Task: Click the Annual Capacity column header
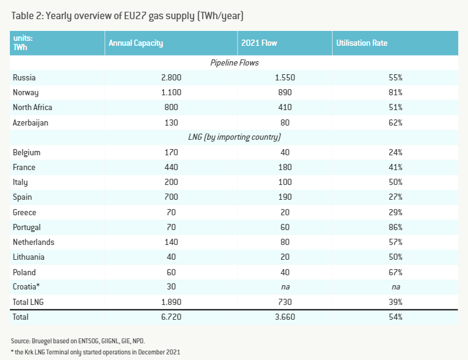point(135,43)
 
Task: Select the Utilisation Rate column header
point(362,43)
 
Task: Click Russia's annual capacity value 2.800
point(169,77)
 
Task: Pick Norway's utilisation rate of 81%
point(395,92)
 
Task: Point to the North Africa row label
point(32,107)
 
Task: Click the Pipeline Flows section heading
point(234,62)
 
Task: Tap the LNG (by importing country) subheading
point(234,137)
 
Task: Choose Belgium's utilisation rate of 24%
point(395,152)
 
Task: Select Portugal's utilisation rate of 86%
point(395,227)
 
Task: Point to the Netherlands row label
point(33,242)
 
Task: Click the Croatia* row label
point(27,287)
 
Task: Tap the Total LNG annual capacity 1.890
point(169,302)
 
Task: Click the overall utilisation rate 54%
point(395,317)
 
